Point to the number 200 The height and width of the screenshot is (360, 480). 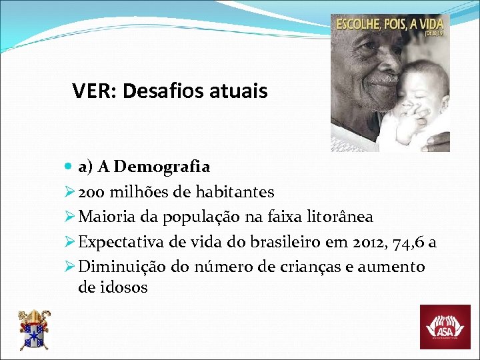pyautogui.click(x=90, y=192)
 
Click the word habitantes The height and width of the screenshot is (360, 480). pyautogui.click(x=235, y=192)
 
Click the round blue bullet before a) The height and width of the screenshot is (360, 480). pyautogui.click(x=71, y=167)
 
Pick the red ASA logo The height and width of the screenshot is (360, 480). pyautogui.click(x=444, y=327)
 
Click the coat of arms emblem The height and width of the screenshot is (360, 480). pyautogui.click(x=33, y=329)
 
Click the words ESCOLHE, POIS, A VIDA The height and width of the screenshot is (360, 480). pyautogui.click(x=387, y=25)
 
